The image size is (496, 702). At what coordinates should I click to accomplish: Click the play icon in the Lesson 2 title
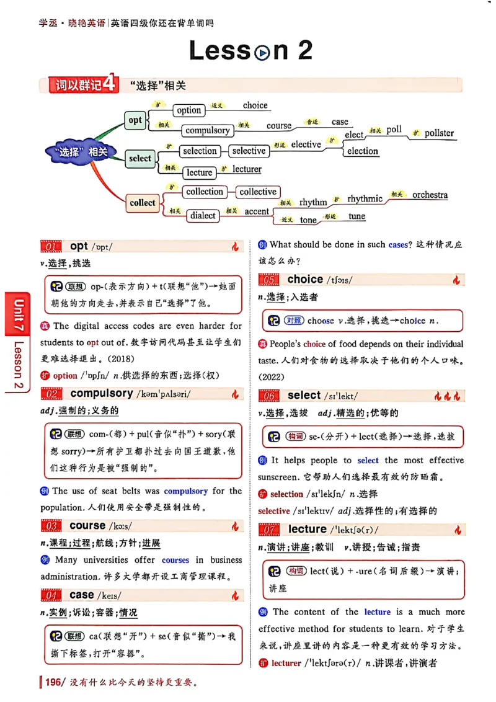point(262,52)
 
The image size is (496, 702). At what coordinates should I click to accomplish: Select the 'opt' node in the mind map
point(135,120)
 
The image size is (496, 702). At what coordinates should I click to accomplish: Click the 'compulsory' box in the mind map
point(208,130)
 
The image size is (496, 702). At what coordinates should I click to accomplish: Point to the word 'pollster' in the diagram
point(439,133)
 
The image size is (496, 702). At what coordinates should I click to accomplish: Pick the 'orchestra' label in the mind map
point(430,195)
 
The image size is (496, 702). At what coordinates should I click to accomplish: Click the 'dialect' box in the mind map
point(203,215)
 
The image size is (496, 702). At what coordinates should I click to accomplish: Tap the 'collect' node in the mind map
point(143,202)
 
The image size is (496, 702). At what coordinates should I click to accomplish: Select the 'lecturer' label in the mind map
point(247,169)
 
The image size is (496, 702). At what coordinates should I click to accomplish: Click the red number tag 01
point(52,247)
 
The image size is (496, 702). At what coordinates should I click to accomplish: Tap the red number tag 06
point(270,396)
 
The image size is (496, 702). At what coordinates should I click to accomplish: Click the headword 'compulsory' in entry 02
point(102,393)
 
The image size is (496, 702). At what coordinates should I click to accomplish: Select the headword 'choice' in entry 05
point(305,280)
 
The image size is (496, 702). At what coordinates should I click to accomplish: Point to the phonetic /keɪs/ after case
point(110,595)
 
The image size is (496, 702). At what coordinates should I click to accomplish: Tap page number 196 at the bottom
point(53,683)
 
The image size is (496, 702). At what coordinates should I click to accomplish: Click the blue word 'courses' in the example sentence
point(175,559)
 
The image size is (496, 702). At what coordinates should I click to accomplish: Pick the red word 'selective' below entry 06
point(274,511)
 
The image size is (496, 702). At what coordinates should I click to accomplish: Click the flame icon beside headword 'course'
point(235,526)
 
